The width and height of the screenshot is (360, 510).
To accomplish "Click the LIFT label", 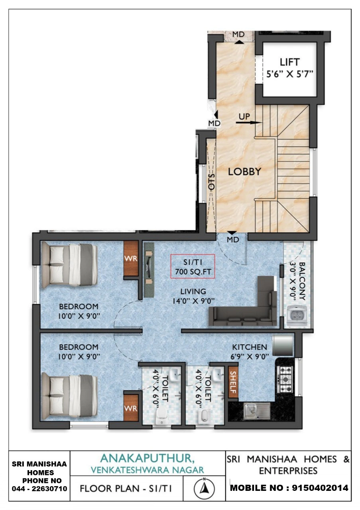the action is click(289, 62).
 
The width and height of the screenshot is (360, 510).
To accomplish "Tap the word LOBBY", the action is click(244, 172).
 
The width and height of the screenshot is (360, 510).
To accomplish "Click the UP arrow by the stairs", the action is click(248, 122).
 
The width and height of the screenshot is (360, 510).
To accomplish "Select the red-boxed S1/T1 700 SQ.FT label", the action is click(193, 266).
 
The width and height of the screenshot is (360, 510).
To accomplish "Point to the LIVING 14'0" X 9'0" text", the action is click(193, 296).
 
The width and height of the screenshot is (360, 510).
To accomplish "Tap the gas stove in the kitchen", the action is click(285, 379).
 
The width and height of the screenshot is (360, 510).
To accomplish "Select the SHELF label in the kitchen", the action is click(233, 382).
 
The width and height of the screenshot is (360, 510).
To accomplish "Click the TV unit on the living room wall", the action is click(149, 270).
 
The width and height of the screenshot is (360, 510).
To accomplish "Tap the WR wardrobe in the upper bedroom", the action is click(131, 259).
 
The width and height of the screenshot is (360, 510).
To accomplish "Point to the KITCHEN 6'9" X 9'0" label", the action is click(250, 351).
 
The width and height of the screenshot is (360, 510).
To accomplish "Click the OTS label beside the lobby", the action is click(212, 182).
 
